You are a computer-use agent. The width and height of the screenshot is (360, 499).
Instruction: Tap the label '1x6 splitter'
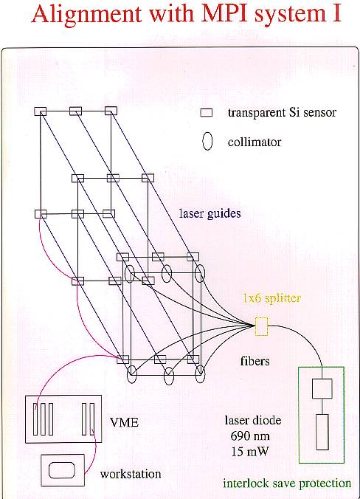click(x=272, y=298)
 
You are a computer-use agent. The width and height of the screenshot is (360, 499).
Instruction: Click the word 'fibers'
click(x=255, y=361)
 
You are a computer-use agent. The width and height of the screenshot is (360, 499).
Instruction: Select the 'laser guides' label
click(x=210, y=213)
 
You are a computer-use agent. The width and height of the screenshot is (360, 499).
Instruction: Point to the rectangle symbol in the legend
click(x=207, y=113)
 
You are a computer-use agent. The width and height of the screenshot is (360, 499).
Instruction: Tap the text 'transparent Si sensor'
click(x=282, y=112)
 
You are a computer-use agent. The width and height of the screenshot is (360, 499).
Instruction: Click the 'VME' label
click(x=125, y=422)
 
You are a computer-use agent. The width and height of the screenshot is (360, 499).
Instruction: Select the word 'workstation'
click(x=131, y=474)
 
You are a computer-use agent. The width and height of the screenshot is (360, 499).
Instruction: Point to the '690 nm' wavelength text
click(x=250, y=436)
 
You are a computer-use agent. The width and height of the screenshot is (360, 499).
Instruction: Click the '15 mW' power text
click(x=249, y=451)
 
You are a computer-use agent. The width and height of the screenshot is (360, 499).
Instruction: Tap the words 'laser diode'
click(x=253, y=421)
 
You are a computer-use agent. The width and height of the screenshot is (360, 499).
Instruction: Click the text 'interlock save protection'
click(x=287, y=483)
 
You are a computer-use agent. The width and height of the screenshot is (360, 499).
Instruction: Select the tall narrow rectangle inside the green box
click(x=322, y=432)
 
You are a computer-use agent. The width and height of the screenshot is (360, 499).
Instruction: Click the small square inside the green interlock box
click(x=322, y=388)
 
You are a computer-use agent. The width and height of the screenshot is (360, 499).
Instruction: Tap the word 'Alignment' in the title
click(x=86, y=16)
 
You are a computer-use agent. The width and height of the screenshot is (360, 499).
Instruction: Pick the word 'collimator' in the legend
click(x=255, y=142)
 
